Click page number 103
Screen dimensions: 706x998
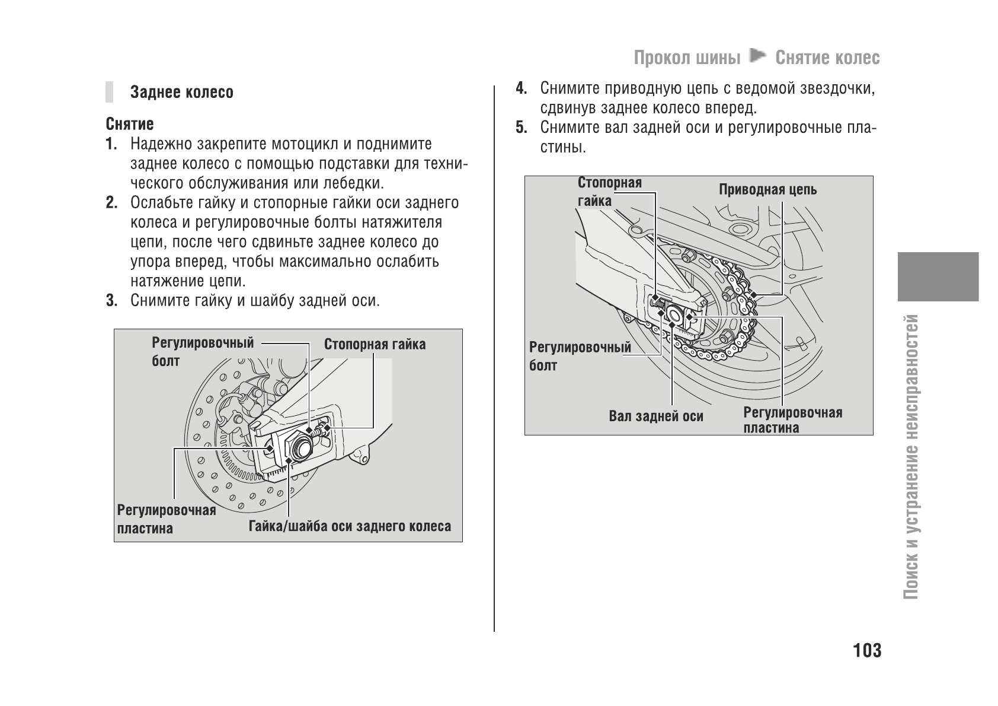tap(867, 651)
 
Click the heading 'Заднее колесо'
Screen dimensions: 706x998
tap(182, 93)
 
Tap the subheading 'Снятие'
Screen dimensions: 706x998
tap(130, 124)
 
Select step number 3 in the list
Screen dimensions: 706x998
tap(110, 301)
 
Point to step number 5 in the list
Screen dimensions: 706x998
tap(520, 128)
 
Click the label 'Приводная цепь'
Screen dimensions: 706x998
tap(767, 190)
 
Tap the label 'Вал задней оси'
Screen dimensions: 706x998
tap(655, 416)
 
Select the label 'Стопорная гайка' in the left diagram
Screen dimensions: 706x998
tap(375, 345)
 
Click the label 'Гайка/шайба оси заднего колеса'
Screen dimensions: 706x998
tap(350, 526)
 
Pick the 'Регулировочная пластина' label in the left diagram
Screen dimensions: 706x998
tap(166, 519)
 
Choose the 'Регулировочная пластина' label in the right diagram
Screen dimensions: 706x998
tap(792, 420)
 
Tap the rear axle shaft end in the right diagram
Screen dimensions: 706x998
tap(674, 312)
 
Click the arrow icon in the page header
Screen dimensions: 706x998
tap(757, 57)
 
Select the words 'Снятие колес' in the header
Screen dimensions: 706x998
tap(827, 58)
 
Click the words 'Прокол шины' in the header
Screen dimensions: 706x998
tap(687, 58)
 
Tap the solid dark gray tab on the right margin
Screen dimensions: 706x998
tap(938, 276)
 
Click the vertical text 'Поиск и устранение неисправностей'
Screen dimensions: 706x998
tap(913, 457)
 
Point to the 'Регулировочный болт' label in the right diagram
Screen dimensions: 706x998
tap(579, 356)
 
